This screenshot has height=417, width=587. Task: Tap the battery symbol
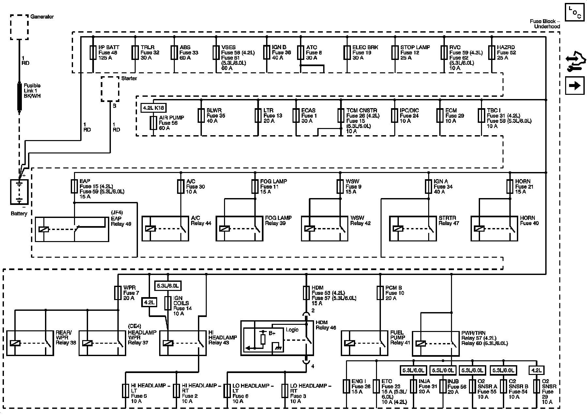pos(19,192)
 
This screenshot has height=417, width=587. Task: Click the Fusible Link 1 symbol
pos(19,97)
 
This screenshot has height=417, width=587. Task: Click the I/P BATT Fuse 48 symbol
pos(93,52)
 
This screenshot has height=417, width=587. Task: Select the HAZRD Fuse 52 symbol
pos(491,52)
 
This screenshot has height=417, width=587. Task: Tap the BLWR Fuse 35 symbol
pos(201,115)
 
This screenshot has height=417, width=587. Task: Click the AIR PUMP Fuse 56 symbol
pos(153,123)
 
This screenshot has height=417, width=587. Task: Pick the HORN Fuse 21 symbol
pos(510,186)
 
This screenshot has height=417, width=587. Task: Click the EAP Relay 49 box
pos(72,229)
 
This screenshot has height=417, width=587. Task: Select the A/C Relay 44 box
pos(165,229)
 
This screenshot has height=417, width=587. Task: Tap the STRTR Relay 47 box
pos(413,229)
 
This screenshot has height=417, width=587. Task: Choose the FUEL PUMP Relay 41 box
pos(365,343)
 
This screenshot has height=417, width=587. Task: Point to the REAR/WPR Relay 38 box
pos(30,343)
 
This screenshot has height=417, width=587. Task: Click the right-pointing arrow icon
pos(575,86)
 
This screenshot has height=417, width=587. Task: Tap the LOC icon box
pos(575,12)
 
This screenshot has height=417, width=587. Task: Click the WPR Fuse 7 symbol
pos(117,293)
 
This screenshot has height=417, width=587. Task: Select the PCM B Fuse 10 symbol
pos(380,293)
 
